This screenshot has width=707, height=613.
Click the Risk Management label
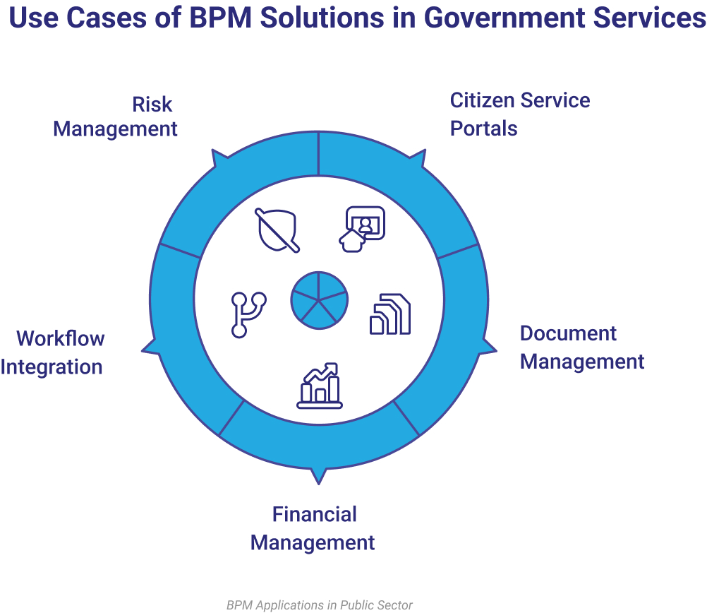coord(116,117)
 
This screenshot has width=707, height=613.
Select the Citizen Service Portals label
coord(519,114)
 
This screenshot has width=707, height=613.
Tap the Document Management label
coord(581,347)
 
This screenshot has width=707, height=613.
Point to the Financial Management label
coord(313,528)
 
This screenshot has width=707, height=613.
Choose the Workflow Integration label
coord(53,352)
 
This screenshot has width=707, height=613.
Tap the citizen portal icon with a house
coord(362,228)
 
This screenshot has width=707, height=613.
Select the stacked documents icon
coord(390,314)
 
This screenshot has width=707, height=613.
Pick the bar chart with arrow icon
coord(320,386)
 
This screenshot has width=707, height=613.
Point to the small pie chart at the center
coord(319,299)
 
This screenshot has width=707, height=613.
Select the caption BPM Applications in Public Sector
coord(319,605)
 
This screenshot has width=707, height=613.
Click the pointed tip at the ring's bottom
coord(319,480)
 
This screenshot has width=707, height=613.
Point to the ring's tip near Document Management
coord(492,347)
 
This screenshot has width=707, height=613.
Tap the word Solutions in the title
coord(322,18)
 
